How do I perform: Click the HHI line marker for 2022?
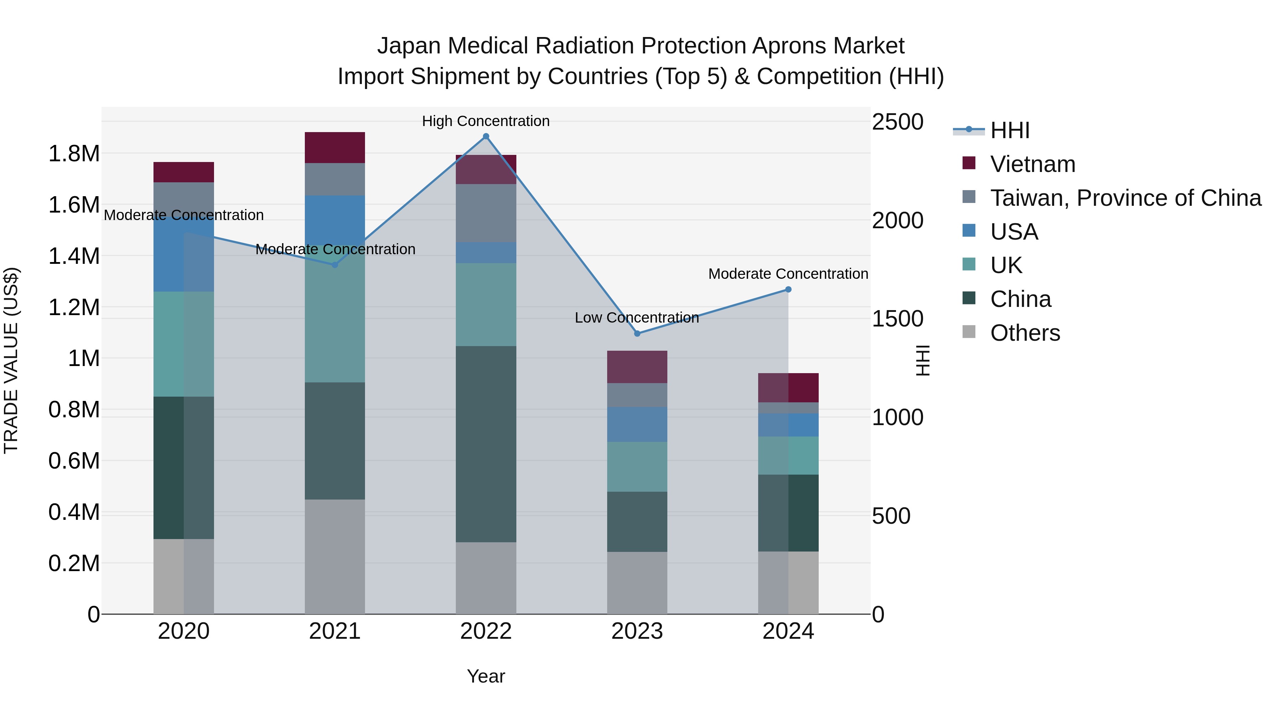486,136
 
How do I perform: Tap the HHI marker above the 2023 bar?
637,333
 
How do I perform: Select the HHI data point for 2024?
788,289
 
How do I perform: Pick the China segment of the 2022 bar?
486,444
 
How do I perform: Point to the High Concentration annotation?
486,121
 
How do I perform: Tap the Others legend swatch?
969,331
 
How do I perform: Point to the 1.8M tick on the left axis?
74,154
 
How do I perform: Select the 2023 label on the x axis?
637,632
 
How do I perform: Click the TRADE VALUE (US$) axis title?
11,360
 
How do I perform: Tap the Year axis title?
486,676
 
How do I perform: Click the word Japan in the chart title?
408,46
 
